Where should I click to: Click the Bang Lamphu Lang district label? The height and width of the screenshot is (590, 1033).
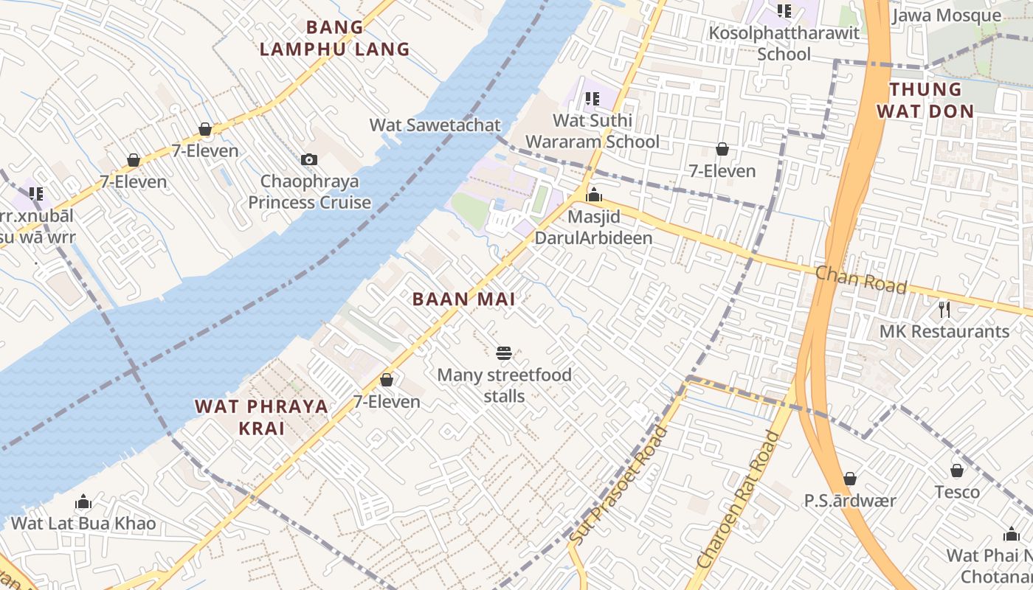pyautogui.click(x=334, y=38)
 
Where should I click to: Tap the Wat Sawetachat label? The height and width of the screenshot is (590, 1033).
pyautogui.click(x=435, y=125)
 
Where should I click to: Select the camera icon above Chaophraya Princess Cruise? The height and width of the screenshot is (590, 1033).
pyautogui.click(x=309, y=159)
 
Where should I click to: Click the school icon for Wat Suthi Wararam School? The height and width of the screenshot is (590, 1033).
pyautogui.click(x=592, y=99)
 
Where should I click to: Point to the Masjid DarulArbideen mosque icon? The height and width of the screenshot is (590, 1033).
pyautogui.click(x=594, y=195)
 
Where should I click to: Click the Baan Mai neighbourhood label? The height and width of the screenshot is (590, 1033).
pyautogui.click(x=463, y=299)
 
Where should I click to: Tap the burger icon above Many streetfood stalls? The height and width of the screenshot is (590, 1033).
pyautogui.click(x=504, y=353)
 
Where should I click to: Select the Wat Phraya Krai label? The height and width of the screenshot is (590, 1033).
pyautogui.click(x=261, y=417)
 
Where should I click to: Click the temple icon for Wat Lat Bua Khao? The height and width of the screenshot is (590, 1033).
pyautogui.click(x=83, y=502)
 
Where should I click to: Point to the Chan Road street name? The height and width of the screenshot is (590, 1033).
pyautogui.click(x=860, y=280)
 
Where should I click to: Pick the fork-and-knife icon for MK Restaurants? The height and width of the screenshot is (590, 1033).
pyautogui.click(x=944, y=308)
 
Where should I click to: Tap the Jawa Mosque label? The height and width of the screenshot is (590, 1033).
pyautogui.click(x=947, y=15)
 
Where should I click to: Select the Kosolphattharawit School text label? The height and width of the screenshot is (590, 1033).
pyautogui.click(x=784, y=44)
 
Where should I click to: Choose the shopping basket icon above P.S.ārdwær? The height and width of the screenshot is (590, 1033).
pyautogui.click(x=850, y=479)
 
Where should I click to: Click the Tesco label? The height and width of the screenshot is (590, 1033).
pyautogui.click(x=957, y=492)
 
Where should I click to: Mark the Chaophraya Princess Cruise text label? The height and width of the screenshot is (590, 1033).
pyautogui.click(x=309, y=192)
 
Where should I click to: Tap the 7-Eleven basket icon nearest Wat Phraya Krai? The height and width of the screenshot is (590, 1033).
pyautogui.click(x=386, y=380)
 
